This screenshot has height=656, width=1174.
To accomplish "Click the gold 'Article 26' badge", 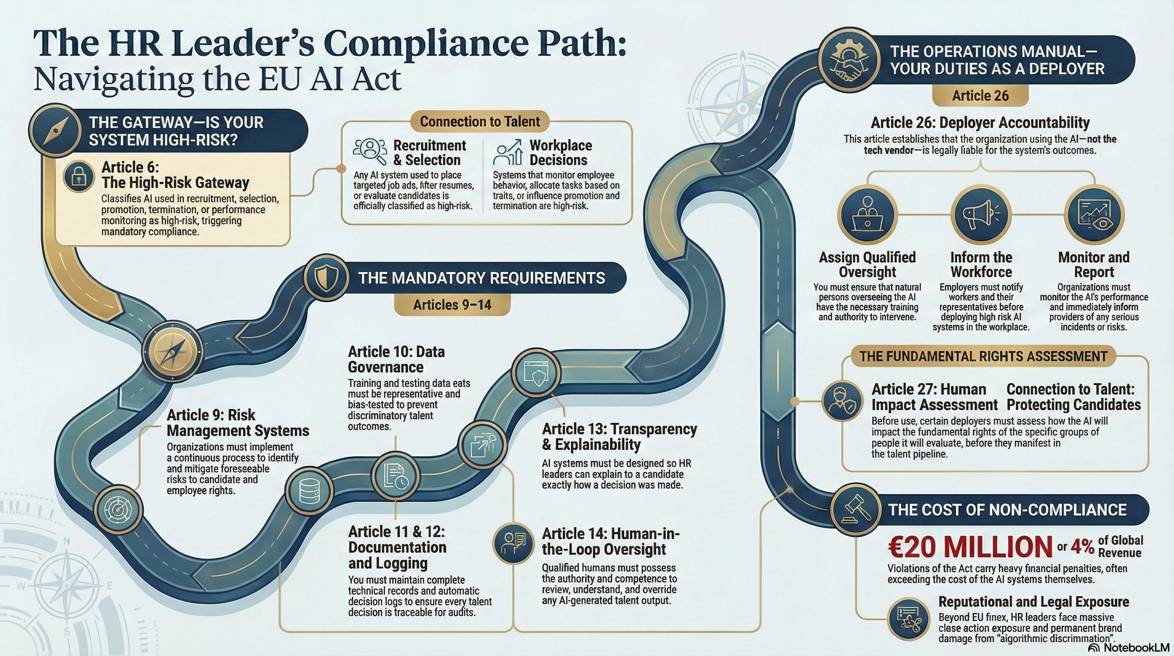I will click(x=980, y=96).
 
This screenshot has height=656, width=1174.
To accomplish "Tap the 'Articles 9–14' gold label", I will click(x=452, y=305).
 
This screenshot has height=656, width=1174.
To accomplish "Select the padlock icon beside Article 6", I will click(x=79, y=176).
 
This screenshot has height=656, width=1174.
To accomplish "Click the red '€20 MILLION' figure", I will click(x=970, y=547).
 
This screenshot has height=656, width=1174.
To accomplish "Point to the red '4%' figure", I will click(x=1082, y=546).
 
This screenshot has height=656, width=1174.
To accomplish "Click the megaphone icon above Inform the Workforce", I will click(x=981, y=214).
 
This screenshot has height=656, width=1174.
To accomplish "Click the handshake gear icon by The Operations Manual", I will click(x=848, y=59).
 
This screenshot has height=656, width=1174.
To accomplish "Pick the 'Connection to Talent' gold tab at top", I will click(x=479, y=121).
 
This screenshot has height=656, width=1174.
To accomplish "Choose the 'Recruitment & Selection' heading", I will click(x=429, y=153).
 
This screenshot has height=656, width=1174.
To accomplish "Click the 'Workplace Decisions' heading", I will click(x=561, y=153).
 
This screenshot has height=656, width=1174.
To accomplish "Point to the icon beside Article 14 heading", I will click(x=513, y=543).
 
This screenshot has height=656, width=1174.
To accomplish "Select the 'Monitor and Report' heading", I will click(x=1093, y=265).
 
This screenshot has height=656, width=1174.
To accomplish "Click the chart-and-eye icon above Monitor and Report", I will click(x=1094, y=214).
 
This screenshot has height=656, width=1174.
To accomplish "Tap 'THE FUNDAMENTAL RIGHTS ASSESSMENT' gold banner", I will click(x=983, y=356).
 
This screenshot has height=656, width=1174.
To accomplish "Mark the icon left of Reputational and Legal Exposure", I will click(x=908, y=618).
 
